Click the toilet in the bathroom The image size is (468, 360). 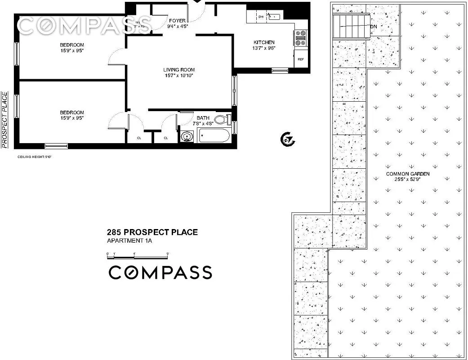tap(222, 120)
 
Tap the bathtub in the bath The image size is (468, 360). tap(214, 136)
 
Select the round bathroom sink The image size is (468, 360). tap(187, 136)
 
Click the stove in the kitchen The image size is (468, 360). tap(300, 38)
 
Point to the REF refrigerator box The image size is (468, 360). tap(300, 59)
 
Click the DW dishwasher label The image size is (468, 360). tap(261, 17)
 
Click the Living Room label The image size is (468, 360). tap(179, 70)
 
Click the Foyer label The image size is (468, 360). tap(177, 20)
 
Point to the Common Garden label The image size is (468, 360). tap(408, 174)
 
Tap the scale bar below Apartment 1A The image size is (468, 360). tap(137, 256)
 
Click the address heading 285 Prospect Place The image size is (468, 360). tap(152, 232)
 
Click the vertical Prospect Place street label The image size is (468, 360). tap(4, 120)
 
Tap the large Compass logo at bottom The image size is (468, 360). tap(160, 272)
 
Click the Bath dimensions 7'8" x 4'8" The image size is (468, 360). tap(203, 123)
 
